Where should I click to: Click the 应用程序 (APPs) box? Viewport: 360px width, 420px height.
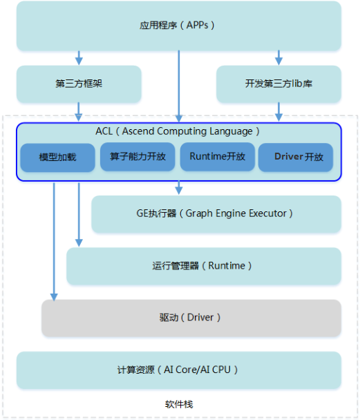click(179, 26)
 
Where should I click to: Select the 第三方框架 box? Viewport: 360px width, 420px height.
click(79, 84)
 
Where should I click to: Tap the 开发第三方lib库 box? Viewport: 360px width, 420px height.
click(278, 84)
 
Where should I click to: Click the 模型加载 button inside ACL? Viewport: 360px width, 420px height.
click(57, 157)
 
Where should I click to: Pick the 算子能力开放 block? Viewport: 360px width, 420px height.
click(138, 157)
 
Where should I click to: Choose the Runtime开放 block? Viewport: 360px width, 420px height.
click(217, 157)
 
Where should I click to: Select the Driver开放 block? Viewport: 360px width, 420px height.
click(296, 157)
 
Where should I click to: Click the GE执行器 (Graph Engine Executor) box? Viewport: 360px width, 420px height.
click(216, 214)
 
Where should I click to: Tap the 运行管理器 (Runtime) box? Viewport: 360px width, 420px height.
click(204, 266)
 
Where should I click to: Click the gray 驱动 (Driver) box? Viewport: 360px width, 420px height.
click(191, 318)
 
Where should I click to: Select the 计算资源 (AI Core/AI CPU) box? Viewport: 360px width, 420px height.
click(179, 370)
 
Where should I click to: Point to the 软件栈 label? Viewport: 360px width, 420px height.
click(179, 404)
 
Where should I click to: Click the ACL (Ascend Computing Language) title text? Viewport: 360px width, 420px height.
click(178, 131)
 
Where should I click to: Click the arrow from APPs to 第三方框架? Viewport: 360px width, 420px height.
click(79, 58)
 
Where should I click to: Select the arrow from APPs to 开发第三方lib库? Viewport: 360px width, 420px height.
click(278, 58)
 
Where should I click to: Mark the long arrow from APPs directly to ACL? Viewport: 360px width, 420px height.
click(179, 86)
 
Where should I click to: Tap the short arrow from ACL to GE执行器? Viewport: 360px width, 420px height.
click(179, 188)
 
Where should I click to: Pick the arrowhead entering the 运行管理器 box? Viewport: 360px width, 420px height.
click(79, 243)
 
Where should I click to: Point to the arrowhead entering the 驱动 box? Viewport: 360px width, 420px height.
click(54, 297)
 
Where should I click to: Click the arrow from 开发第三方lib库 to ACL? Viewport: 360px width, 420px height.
click(278, 112)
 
